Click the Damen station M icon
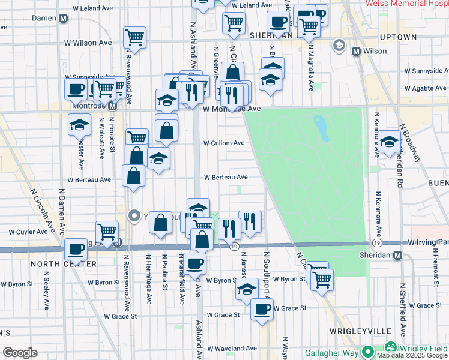63,19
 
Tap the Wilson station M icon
357,51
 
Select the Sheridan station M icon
397,255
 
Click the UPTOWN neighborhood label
400,37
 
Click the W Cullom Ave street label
223,143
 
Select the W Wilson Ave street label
88,43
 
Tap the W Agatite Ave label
427,88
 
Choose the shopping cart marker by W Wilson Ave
134,37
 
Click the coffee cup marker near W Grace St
262,309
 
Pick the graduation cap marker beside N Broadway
389,142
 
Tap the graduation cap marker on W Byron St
245,289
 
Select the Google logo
20,353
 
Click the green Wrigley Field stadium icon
391,348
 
